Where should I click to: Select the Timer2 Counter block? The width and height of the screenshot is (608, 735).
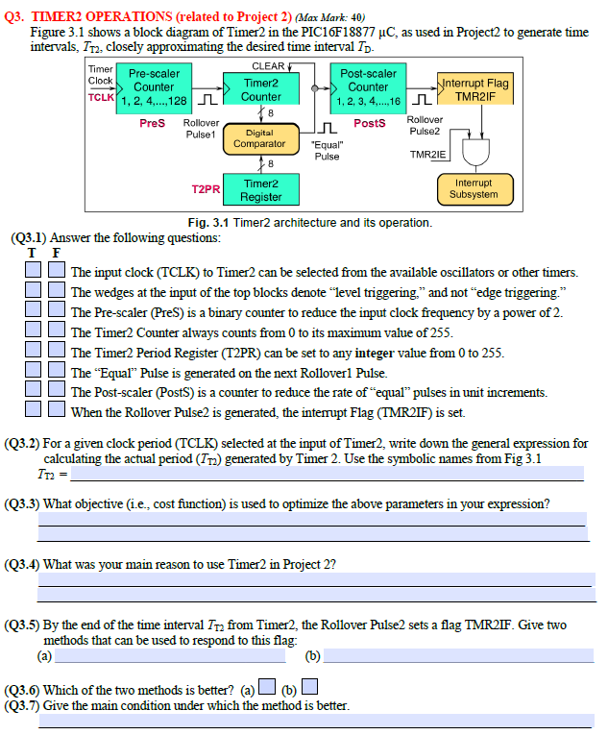pyautogui.click(x=260, y=89)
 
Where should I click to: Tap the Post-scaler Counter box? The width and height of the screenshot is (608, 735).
pyautogui.click(x=368, y=86)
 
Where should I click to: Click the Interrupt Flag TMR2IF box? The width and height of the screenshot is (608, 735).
pyautogui.click(x=474, y=89)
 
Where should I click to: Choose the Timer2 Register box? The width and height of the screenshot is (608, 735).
pyautogui.click(x=260, y=189)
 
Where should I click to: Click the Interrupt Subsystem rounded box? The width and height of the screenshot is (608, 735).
pyautogui.click(x=474, y=188)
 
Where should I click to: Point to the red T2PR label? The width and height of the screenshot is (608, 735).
pyautogui.click(x=207, y=190)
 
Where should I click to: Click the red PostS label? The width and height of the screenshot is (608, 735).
pyautogui.click(x=370, y=123)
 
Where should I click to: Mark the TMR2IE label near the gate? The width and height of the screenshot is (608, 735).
pyautogui.click(x=428, y=155)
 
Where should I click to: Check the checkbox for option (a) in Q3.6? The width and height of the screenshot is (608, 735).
pyautogui.click(x=269, y=688)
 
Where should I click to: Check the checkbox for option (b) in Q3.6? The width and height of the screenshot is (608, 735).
pyautogui.click(x=309, y=688)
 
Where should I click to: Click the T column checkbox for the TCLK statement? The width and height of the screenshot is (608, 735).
pyautogui.click(x=34, y=272)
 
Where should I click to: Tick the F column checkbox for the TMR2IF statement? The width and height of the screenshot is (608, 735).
pyautogui.click(x=57, y=412)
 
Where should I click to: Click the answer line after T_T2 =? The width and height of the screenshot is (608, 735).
pyautogui.click(x=327, y=474)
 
